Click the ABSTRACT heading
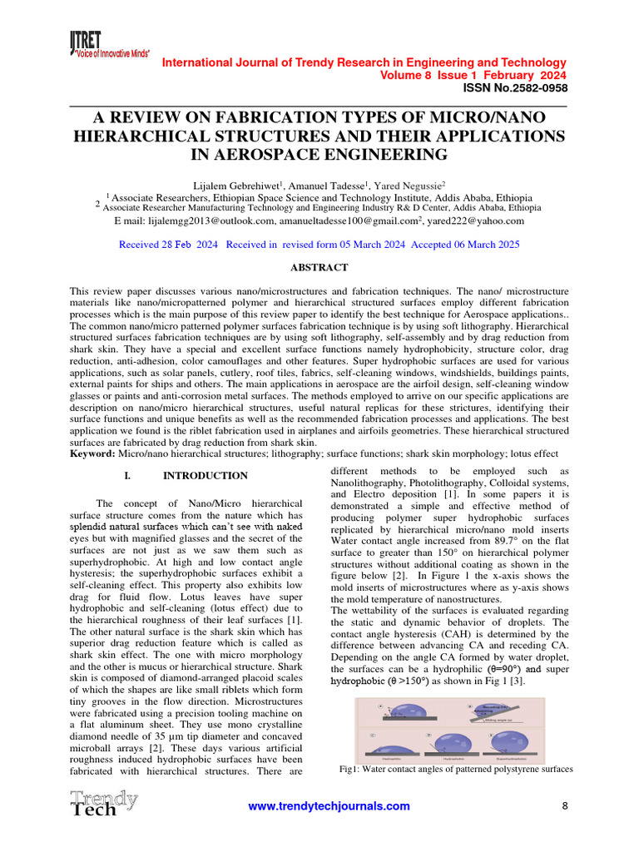319,268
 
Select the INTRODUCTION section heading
205,476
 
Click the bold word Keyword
92,454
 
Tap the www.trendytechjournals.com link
330,806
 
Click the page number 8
565,805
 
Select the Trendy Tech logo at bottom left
104,804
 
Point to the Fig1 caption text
457,770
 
